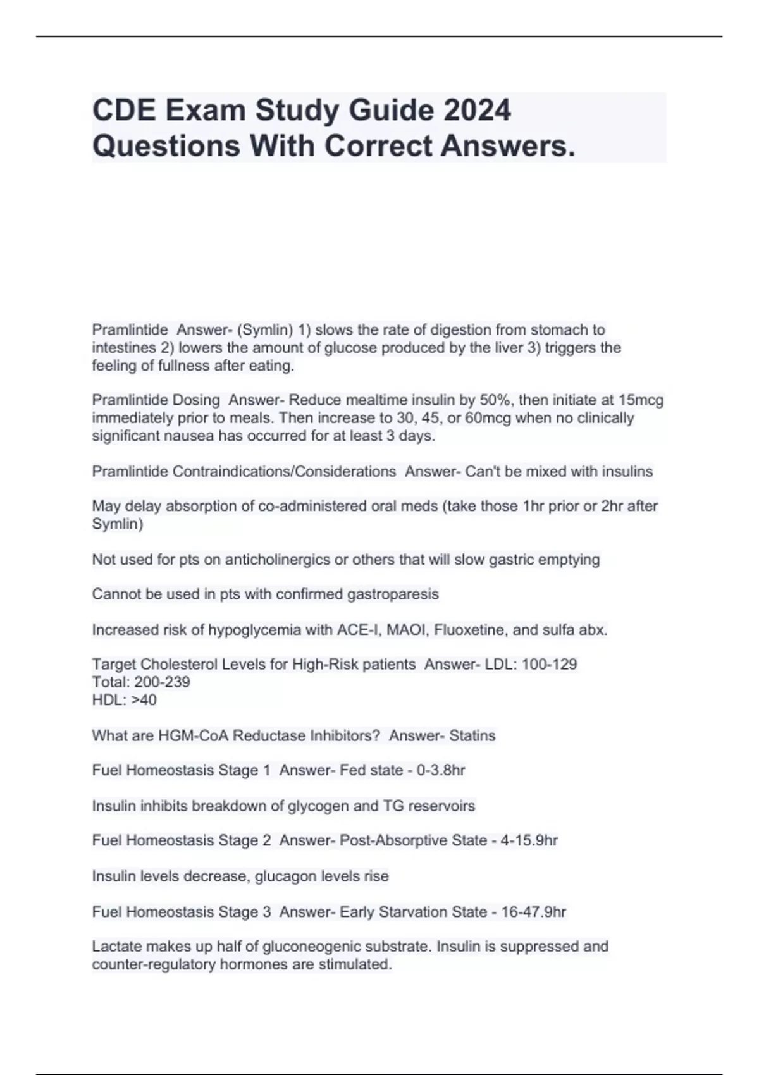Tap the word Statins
pyautogui.click(x=472, y=735)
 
